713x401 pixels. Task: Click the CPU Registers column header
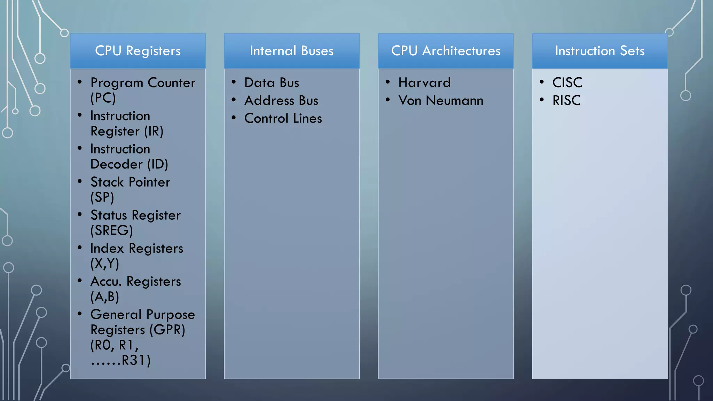tap(138, 51)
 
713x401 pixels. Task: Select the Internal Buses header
tap(292, 51)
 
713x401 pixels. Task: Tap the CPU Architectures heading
tap(446, 51)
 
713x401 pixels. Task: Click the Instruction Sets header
tap(600, 51)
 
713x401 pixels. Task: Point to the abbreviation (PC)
tap(103, 98)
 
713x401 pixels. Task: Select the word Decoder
tap(117, 164)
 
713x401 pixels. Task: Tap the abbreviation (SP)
tap(102, 197)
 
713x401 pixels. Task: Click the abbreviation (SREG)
tap(112, 230)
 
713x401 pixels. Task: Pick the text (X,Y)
tap(105, 264)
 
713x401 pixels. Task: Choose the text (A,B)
tap(105, 297)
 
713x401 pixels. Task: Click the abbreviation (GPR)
tap(167, 330)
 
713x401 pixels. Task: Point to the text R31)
tap(136, 360)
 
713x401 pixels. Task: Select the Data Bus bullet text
tap(272, 83)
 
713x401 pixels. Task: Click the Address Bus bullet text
tap(281, 101)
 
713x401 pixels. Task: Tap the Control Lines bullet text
tap(283, 118)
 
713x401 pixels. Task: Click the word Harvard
tap(424, 83)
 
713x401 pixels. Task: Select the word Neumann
tap(455, 101)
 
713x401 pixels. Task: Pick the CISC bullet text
tap(567, 83)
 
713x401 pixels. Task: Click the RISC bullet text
tap(566, 101)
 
